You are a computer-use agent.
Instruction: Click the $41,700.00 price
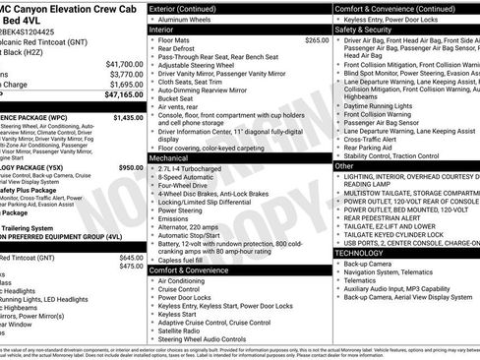[119, 63]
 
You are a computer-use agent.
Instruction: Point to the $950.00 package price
[131, 168]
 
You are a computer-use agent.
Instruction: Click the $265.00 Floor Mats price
[317, 40]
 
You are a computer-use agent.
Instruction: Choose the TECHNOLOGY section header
[360, 253]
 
